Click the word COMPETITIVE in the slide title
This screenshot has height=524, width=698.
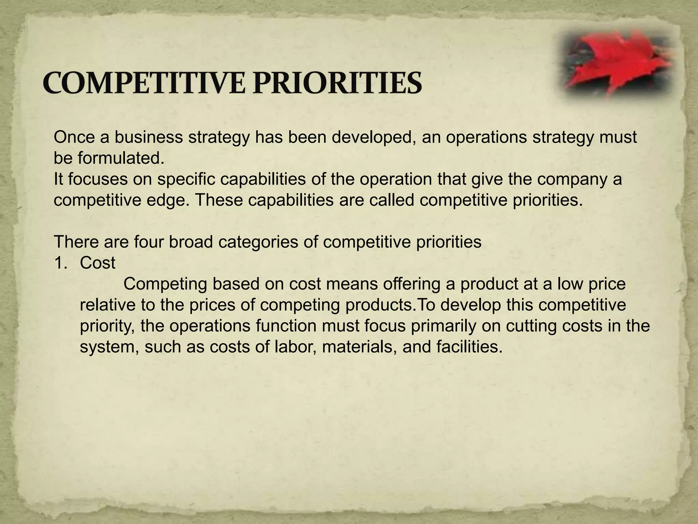click(144, 83)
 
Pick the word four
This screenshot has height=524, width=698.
click(148, 242)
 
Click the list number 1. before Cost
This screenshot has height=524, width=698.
click(61, 263)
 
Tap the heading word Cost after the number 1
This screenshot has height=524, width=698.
click(98, 263)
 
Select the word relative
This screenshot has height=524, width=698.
click(108, 305)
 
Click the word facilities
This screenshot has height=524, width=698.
click(469, 347)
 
